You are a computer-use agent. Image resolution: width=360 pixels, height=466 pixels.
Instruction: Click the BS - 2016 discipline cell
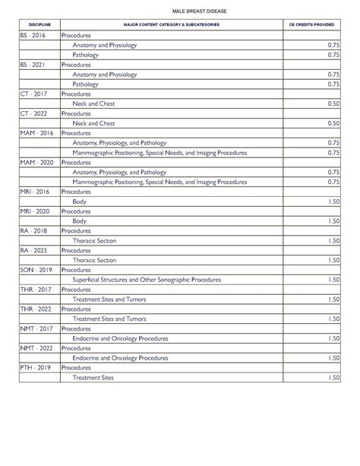pos(33,36)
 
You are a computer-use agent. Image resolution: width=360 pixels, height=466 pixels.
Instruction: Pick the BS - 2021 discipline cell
pos(33,65)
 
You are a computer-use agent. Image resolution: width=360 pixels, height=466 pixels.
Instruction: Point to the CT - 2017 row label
pos(33,94)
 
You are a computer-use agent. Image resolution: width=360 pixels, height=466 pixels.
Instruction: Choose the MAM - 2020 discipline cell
pos(36,163)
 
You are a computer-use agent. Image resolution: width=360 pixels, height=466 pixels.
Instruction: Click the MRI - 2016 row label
pos(35,192)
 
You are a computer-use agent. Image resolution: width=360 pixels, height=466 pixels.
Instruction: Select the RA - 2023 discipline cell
pos(33,250)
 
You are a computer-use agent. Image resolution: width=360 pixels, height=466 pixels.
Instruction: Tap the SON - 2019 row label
pos(35,270)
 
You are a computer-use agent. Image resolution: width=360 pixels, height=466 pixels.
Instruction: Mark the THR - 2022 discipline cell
pos(35,309)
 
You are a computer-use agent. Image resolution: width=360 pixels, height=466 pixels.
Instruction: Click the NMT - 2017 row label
pos(36,328)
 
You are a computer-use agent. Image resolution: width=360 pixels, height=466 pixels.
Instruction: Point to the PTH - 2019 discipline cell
pos(35,367)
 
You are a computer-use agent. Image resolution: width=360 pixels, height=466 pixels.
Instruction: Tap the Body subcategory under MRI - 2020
pos(79,221)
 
